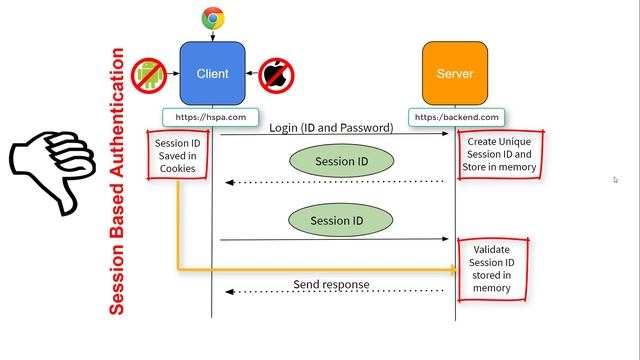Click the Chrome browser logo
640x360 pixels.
pyautogui.click(x=212, y=17)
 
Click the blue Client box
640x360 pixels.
pyautogui.click(x=212, y=74)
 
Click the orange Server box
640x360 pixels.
pyautogui.click(x=455, y=74)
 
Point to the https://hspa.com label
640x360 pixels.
pyautogui.click(x=212, y=117)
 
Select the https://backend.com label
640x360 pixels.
pyautogui.click(x=455, y=117)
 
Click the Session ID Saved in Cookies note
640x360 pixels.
pyautogui.click(x=178, y=154)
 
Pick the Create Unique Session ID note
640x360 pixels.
pyautogui.click(x=502, y=154)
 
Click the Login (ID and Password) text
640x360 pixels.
pyautogui.click(x=331, y=128)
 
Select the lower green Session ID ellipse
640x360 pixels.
pyautogui.click(x=330, y=220)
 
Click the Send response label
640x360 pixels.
pyautogui.click(x=331, y=284)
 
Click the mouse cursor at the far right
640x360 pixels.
pyautogui.click(x=615, y=180)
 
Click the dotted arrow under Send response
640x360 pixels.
pyautogui.click(x=335, y=292)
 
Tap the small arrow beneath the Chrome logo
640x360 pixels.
pyautogui.click(x=212, y=35)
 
